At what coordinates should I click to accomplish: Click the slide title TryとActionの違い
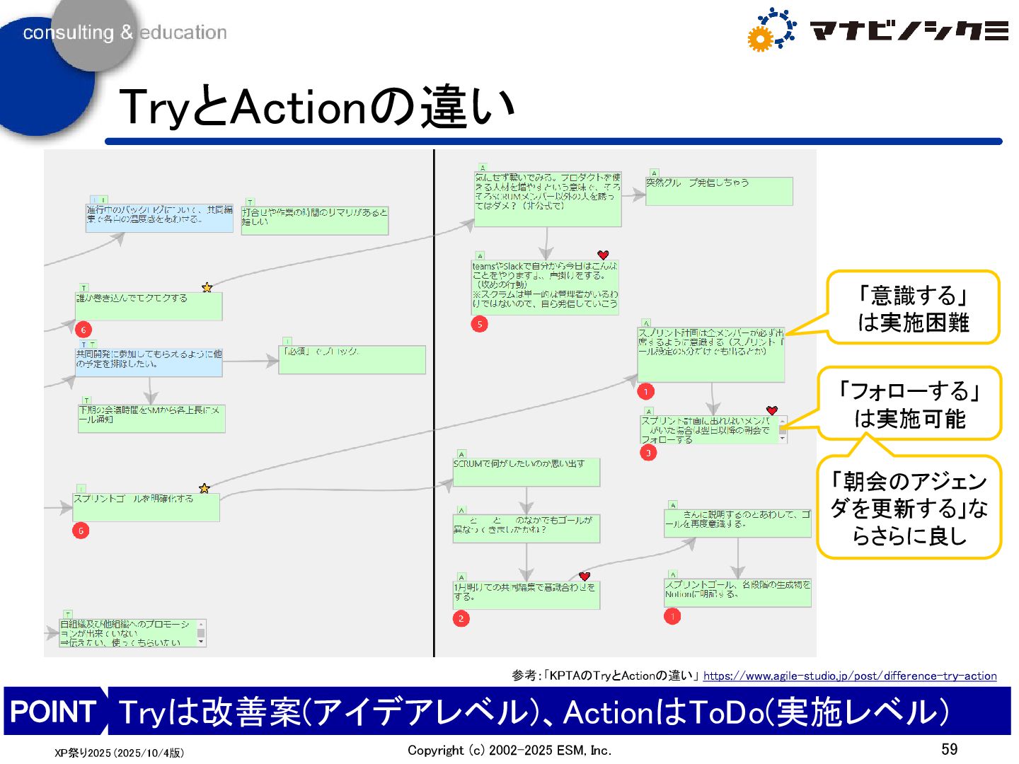[x=317, y=108]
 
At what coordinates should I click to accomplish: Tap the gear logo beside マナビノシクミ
[x=771, y=30]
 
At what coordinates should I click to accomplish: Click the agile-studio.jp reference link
[x=849, y=676]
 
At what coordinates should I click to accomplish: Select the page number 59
[x=949, y=749]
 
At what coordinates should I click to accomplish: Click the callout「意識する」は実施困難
[x=913, y=308]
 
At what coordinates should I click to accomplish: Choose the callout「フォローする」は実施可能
[x=910, y=404]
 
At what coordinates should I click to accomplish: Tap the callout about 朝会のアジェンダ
[x=909, y=508]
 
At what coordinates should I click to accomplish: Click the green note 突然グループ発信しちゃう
[x=719, y=191]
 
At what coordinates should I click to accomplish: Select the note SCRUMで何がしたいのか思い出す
[x=526, y=472]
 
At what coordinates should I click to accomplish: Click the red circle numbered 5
[x=480, y=325]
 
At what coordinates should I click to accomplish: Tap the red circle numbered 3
[x=648, y=453]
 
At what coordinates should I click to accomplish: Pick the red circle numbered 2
[x=461, y=619]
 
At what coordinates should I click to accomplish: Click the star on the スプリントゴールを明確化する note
[x=205, y=488]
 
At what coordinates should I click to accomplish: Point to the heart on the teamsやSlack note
[x=603, y=255]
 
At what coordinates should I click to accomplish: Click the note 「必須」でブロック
[x=352, y=359]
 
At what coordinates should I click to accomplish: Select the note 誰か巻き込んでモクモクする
[x=149, y=306]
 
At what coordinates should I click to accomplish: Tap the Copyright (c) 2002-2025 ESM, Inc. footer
[x=509, y=751]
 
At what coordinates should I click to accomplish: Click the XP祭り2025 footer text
[x=119, y=753]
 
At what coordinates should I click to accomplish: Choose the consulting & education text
[x=125, y=33]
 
